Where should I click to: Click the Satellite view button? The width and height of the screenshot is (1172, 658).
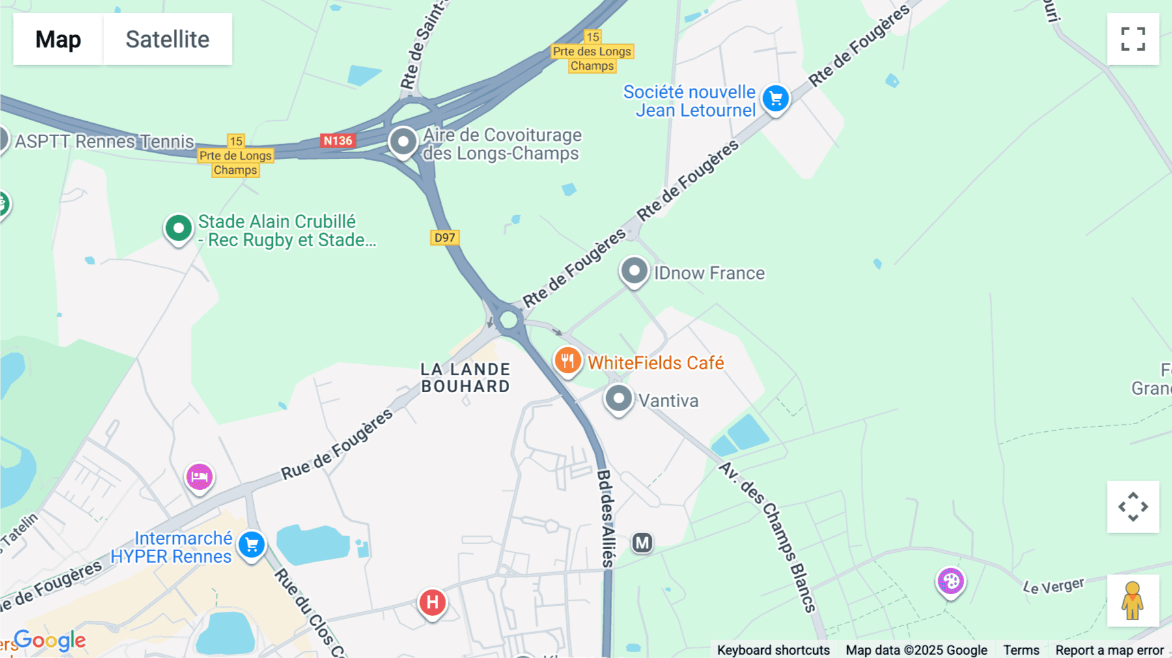167,39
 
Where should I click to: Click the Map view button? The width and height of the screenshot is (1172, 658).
58,39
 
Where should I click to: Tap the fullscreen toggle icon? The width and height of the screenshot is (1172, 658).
1133,39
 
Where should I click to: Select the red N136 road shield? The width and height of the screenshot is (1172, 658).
338,141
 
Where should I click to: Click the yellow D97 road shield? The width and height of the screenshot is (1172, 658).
445,238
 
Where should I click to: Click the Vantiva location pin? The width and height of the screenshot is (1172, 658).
619,398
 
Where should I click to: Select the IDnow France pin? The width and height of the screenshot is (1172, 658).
634,270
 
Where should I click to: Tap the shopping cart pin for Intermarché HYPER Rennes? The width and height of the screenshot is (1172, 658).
251,545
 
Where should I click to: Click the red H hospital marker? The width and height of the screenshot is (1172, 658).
432,603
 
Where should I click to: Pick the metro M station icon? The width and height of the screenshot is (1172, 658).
642,543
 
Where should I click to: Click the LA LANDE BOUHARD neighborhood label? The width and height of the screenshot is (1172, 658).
465,378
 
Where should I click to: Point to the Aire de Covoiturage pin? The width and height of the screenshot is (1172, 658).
403,141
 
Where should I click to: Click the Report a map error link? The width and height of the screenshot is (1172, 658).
1109,650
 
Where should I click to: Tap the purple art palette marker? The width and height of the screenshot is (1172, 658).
951,581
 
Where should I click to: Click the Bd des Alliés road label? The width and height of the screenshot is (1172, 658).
607,518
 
